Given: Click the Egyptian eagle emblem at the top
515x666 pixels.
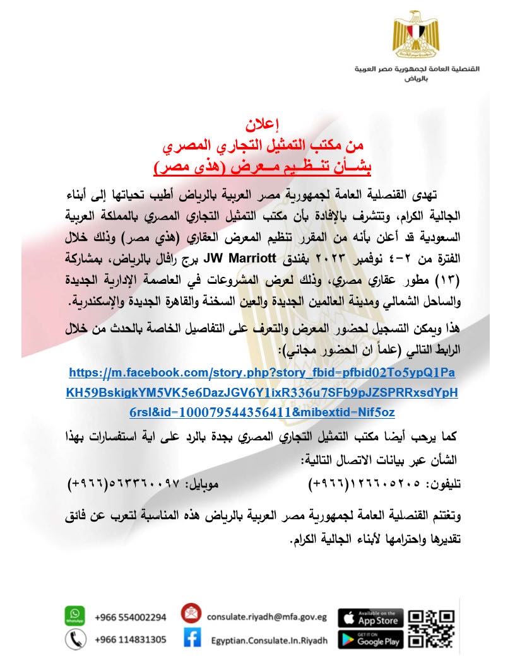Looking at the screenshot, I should (x=414, y=32).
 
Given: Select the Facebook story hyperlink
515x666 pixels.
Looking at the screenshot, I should (x=261, y=392).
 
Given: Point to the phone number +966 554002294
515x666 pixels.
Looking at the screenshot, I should (x=131, y=617).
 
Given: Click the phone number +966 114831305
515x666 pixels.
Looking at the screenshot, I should (x=131, y=640).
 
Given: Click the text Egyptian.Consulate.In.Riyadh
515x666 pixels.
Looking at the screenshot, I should (x=270, y=640).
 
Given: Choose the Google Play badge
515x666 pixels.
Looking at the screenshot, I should (x=370, y=640).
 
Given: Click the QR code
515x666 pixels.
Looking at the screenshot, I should (x=432, y=627).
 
